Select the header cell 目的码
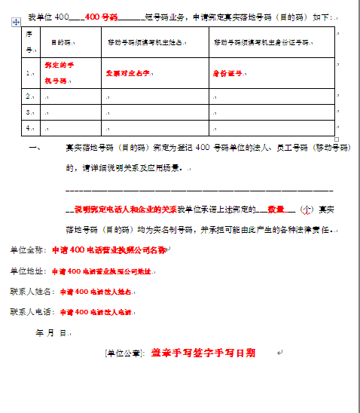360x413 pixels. pyautogui.click(x=59, y=43)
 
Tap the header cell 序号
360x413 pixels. pyautogui.click(x=29, y=42)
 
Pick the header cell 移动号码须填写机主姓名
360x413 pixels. pyautogui.click(x=141, y=43)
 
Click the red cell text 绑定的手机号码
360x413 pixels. pyautogui.click(x=61, y=72)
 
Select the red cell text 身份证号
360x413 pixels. pyautogui.click(x=228, y=73)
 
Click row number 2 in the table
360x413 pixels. pyautogui.click(x=29, y=96)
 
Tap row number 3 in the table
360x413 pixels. pyautogui.click(x=29, y=112)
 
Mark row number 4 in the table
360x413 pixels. pyautogui.click(x=29, y=127)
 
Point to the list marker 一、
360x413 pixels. pyautogui.click(x=35, y=148)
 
